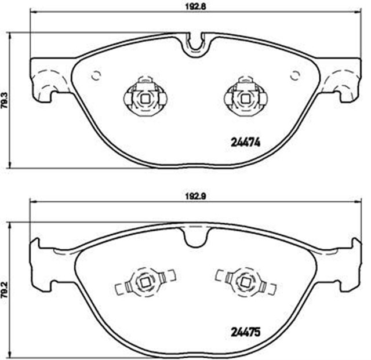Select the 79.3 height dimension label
coord(5,100)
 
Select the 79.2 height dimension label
coord(5,292)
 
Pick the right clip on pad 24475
coord(246,283)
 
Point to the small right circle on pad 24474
coord(294,75)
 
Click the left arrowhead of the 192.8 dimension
coord(32,12)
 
